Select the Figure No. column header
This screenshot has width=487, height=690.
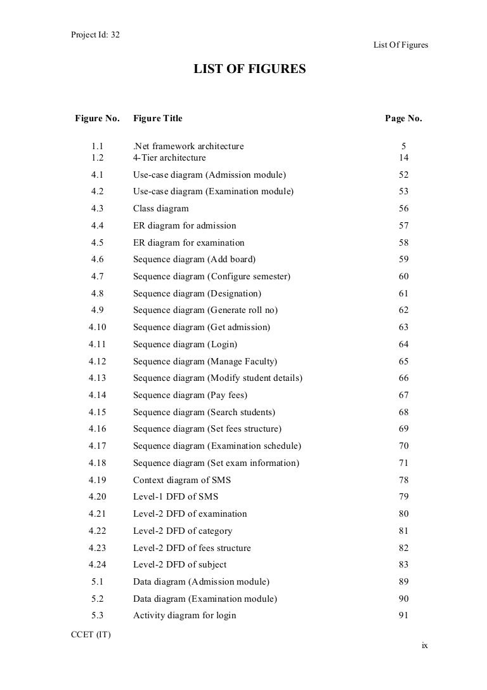point(97,119)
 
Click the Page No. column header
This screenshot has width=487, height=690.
point(403,119)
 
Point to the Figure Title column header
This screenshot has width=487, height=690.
point(157,119)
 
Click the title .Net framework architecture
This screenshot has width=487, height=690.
point(188,147)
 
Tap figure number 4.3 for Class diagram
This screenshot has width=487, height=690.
point(98,209)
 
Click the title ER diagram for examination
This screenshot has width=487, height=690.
point(188,242)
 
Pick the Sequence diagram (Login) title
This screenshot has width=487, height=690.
point(185,344)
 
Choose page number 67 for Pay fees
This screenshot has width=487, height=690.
point(403,395)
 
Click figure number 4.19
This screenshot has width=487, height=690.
point(98,480)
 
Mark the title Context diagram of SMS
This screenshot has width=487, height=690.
point(181,480)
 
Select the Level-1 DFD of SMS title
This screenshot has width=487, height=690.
point(176,497)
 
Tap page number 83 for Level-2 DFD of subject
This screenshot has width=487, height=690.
point(403,564)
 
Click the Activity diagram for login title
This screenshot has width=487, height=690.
point(185,615)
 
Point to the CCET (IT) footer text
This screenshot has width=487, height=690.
point(91,635)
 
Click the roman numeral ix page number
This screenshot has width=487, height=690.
point(425,646)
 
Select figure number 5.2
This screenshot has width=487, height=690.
point(98,599)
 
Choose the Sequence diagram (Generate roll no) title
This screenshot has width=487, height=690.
point(205,310)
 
